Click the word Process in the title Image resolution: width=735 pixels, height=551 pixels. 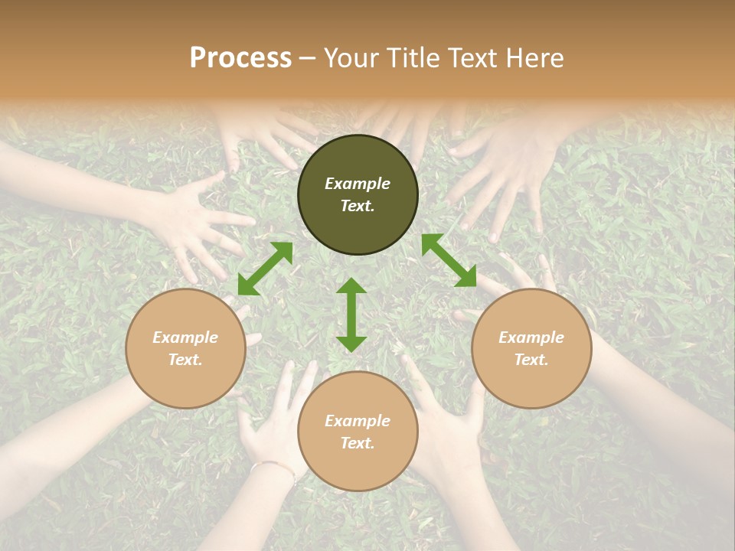[x=240, y=58]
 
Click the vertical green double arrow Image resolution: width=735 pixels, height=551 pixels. [x=351, y=315]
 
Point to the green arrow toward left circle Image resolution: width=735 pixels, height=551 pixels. [x=265, y=269]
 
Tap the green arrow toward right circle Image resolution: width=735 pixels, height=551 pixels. [x=449, y=261]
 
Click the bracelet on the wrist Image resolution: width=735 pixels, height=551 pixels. [x=273, y=466]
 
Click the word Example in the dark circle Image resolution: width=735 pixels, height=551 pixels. [x=358, y=184]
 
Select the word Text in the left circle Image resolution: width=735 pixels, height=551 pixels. [x=185, y=360]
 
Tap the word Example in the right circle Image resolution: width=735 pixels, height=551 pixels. [x=531, y=337]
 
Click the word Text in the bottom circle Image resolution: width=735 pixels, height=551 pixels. [x=358, y=443]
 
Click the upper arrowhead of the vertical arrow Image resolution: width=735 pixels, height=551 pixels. [x=351, y=285]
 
